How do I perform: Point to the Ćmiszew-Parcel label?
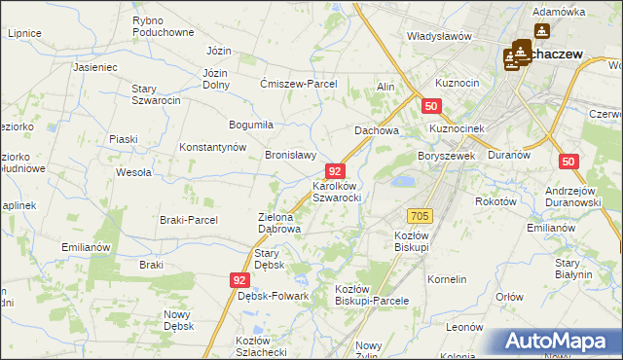tap(298, 84)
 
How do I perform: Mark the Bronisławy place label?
tap(291, 155)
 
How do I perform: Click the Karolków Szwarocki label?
tap(337, 191)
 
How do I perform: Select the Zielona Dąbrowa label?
tap(278, 223)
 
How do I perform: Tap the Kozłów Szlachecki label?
tap(260, 345)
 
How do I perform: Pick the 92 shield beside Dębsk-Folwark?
tap(240, 280)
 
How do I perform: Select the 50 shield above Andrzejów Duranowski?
tap(571, 162)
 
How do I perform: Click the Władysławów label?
tap(439, 36)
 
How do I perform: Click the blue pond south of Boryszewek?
tap(401, 180)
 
